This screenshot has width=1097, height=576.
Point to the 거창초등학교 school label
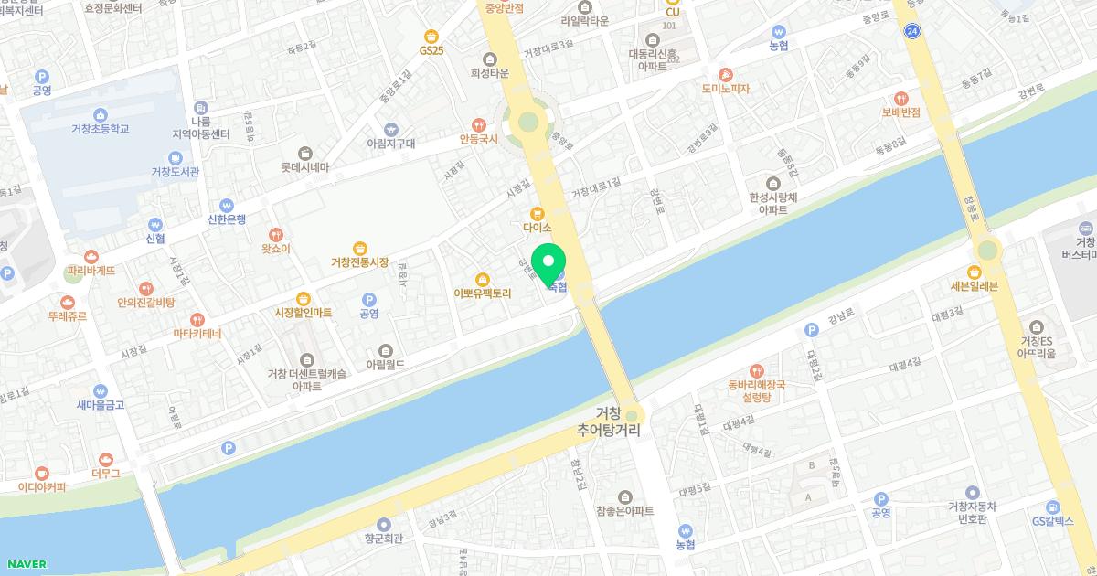point(101,129)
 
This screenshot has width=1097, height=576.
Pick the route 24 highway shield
point(911,31)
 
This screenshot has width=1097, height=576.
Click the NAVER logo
point(25,564)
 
